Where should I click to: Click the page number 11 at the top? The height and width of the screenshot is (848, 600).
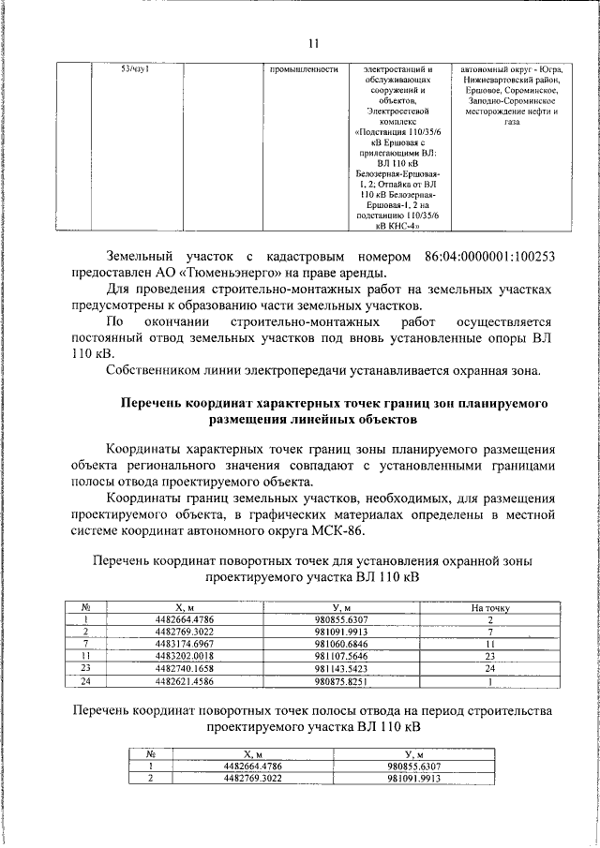point(313,42)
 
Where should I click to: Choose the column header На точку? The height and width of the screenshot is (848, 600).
point(489,608)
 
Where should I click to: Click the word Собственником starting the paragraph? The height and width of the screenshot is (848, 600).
point(156,370)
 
